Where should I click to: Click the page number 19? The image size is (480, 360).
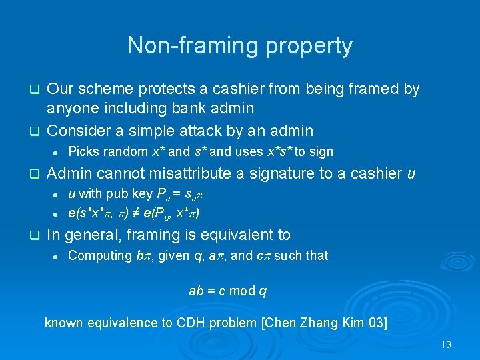446,345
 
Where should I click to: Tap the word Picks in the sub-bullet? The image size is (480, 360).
83,151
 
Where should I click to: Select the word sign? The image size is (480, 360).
321,151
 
